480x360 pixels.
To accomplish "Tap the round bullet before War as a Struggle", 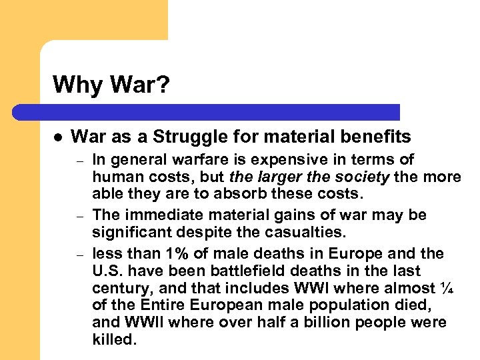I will point(58,137).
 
